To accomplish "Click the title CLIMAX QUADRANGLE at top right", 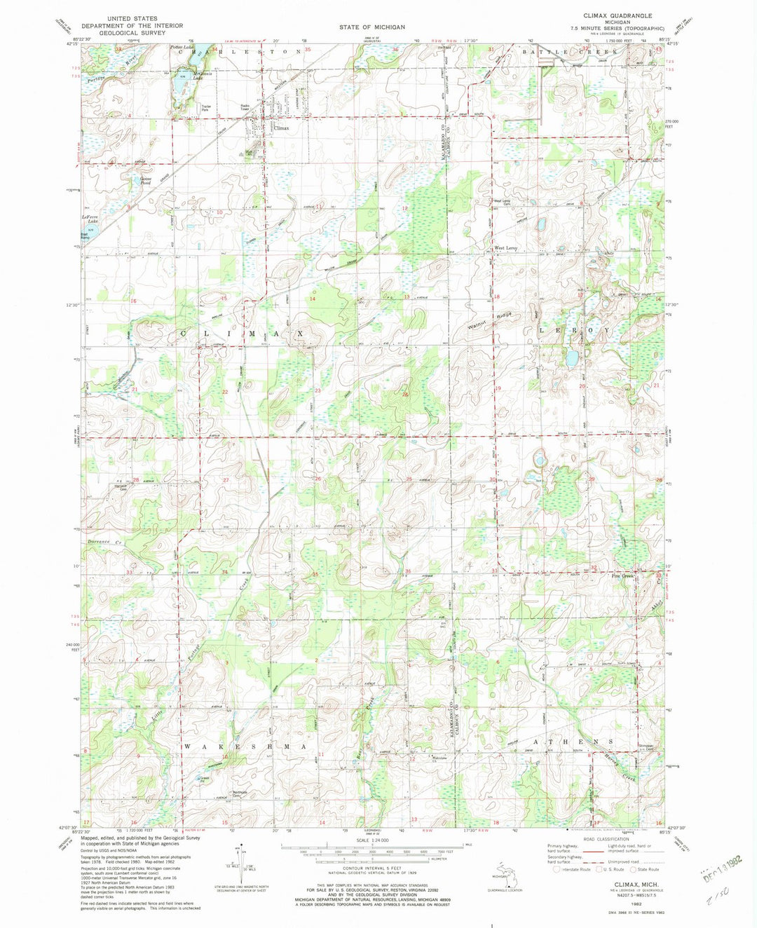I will [x=617, y=15].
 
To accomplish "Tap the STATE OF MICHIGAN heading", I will [x=372, y=27].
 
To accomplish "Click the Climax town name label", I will [x=281, y=128].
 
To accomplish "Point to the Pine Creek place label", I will [x=622, y=577].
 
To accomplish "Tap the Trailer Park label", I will [x=205, y=108].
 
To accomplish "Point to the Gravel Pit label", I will [x=204, y=780].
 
